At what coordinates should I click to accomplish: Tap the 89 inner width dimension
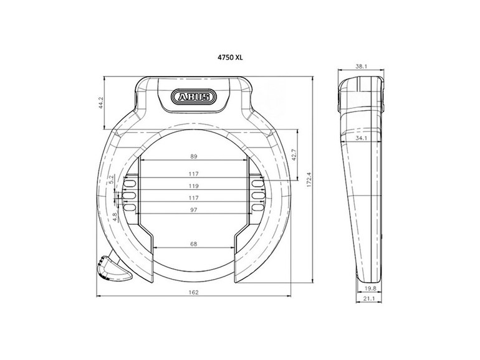coord(193,158)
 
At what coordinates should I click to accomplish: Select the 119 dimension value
coord(193,186)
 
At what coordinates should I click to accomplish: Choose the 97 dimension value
coord(193,210)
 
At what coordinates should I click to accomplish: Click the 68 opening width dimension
coord(193,244)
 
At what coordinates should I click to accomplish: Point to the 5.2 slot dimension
coord(112,179)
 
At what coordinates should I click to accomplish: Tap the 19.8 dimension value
coord(370,288)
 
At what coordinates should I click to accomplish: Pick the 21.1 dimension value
coord(370,299)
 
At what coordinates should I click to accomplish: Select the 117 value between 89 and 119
coord(193,174)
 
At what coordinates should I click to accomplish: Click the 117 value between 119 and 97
coord(193,197)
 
